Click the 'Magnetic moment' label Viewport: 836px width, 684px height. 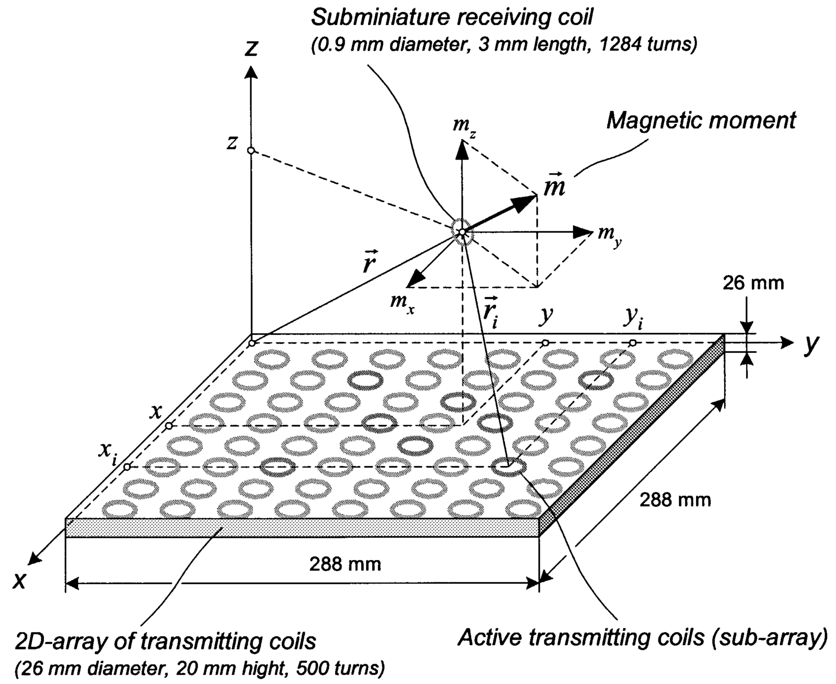(x=701, y=120)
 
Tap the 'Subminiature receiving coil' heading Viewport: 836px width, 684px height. (x=452, y=17)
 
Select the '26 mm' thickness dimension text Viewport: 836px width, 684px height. (x=753, y=283)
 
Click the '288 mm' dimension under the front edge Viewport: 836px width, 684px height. (x=345, y=564)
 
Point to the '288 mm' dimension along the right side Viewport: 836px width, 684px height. (x=675, y=500)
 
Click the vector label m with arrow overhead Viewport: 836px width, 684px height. (x=554, y=186)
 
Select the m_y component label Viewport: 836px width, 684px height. (x=609, y=234)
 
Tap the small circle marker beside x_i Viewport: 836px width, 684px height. (x=127, y=467)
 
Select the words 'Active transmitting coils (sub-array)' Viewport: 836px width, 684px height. (x=642, y=637)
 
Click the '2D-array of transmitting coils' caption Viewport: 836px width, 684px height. (x=166, y=641)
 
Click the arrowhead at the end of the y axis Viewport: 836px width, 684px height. (x=787, y=342)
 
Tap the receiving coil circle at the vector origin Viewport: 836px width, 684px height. (x=462, y=232)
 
